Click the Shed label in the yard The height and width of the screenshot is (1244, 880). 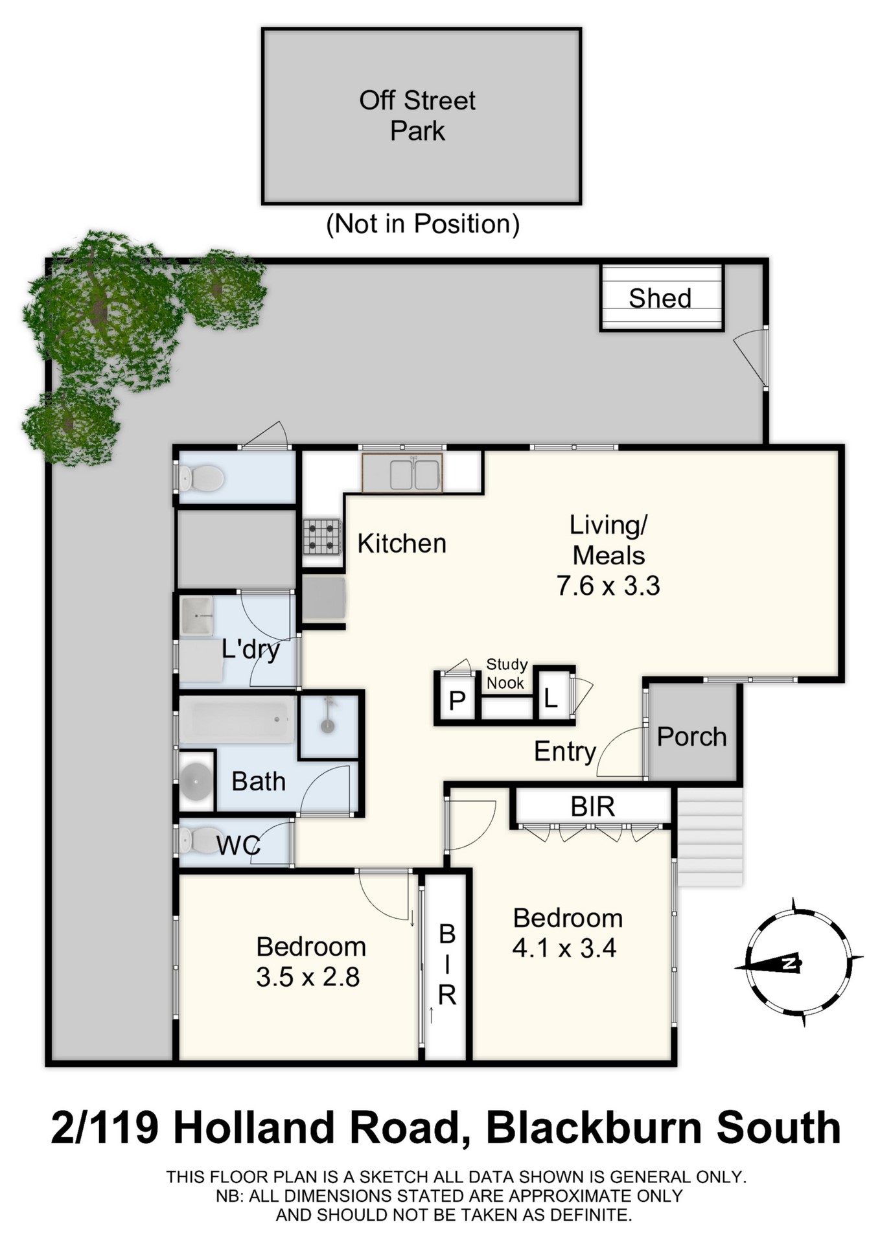pos(660,298)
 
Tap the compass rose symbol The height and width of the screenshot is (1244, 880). pos(797,963)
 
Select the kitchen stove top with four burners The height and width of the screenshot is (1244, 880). pos(322,536)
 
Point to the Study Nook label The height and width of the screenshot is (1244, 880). pos(506,674)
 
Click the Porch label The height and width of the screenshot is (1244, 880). pos(691,737)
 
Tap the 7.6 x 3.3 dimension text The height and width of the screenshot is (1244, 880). pos(608,586)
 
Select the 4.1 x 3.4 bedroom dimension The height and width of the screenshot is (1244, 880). pos(564,949)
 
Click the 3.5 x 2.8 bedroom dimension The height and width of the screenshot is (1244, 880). pos(308,977)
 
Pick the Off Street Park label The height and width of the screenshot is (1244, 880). pos(418,115)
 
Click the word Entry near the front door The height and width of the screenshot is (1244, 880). pos(564,752)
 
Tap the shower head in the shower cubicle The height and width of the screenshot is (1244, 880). pos(329,714)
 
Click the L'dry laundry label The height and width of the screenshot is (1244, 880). pos(251,649)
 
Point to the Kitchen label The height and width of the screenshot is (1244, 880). pos(402,544)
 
